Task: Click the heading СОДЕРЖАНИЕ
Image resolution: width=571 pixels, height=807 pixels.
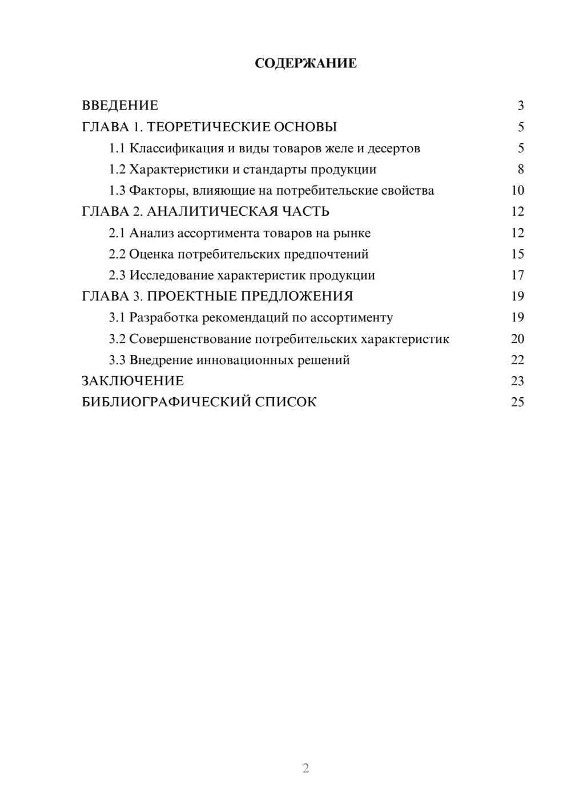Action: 305,63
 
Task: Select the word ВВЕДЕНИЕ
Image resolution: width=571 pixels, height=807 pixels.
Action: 120,106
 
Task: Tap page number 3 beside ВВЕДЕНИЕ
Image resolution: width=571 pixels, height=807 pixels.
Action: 520,106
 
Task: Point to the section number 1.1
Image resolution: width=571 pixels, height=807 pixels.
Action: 117,148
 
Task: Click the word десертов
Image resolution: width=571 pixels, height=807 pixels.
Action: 394,148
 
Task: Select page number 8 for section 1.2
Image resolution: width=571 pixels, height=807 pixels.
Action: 520,170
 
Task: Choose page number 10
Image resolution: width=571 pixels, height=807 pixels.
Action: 517,191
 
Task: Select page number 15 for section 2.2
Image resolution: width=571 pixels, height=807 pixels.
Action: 517,254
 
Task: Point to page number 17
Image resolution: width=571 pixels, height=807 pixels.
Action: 517,275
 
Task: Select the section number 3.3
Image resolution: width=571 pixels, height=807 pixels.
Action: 117,360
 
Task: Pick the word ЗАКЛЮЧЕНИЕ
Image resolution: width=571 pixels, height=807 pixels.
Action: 133,381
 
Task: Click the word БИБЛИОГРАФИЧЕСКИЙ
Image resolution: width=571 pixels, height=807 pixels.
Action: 166,402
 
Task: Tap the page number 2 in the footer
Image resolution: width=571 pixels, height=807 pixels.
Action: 305,768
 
